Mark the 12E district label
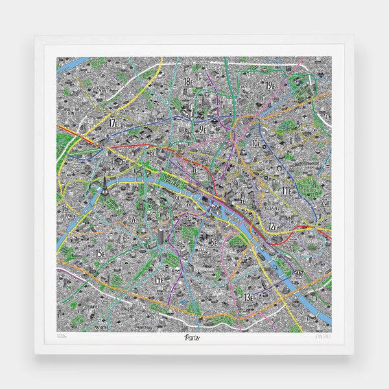pyautogui.click(x=276, y=226)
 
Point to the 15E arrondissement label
pyautogui.click(x=100, y=252)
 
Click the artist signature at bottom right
pyautogui.click(x=331, y=338)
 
